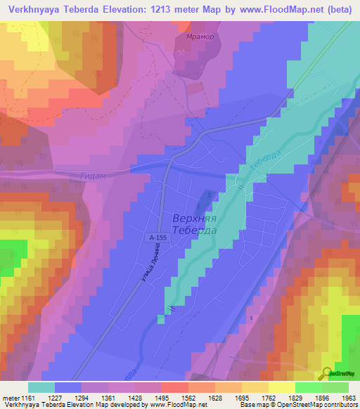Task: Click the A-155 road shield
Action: point(158,238)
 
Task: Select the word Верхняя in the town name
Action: point(193,219)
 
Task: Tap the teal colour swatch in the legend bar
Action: point(41,387)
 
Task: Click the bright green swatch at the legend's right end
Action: point(335,387)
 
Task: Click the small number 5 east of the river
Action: point(251,318)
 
